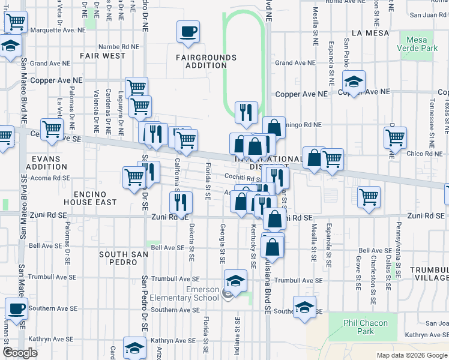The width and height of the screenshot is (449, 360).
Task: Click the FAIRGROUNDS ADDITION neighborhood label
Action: pos(206,62)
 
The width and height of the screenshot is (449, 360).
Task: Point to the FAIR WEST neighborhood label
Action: pos(103,56)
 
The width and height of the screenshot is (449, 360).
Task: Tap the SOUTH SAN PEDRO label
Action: pos(124,259)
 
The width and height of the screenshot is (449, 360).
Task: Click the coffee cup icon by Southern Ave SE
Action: pos(16,308)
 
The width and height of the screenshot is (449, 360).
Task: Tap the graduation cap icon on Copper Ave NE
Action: pos(354,81)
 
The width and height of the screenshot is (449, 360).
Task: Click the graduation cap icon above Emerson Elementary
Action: pos(235,280)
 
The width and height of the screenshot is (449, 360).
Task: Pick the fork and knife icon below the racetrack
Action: pos(246,112)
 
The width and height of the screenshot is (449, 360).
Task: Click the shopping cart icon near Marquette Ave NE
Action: pos(16,23)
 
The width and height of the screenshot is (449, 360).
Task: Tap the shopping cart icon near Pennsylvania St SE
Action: pos(369,196)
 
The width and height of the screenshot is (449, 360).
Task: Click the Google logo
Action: pos(20,353)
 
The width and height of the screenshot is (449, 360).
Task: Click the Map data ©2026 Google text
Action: pos(411,355)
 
